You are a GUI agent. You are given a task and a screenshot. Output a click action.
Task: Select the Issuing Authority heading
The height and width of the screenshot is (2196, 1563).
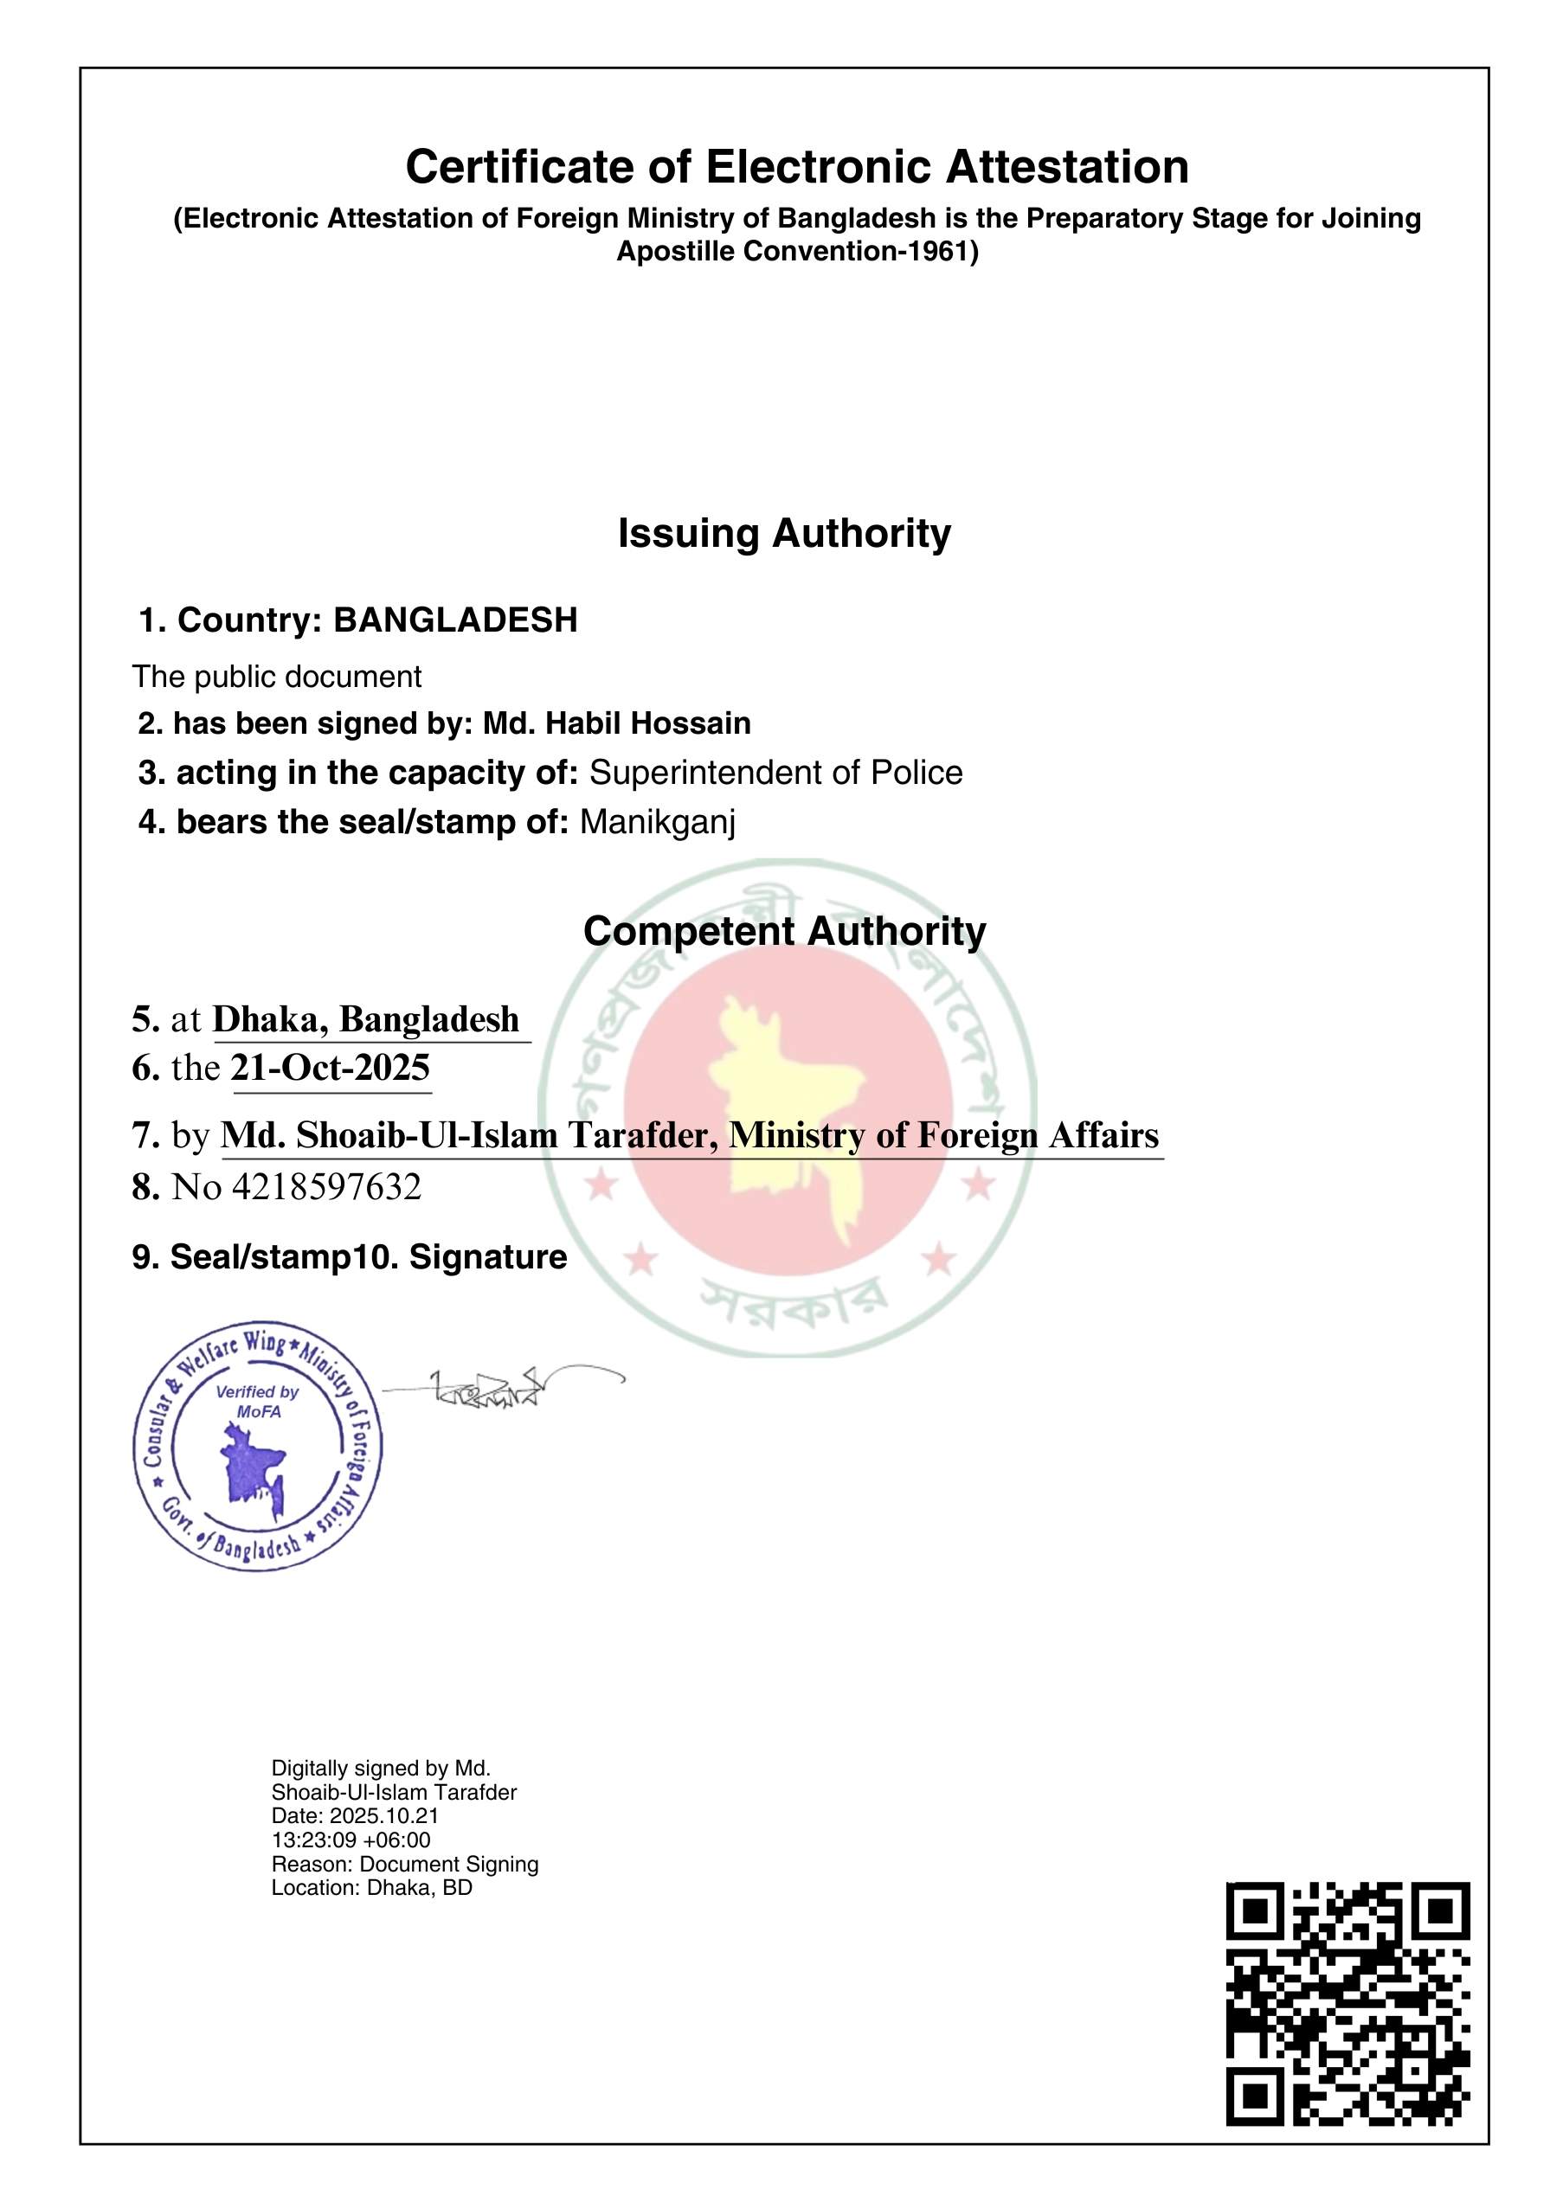click(x=783, y=533)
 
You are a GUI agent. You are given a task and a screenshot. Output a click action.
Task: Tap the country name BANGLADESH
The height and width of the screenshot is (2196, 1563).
click(x=455, y=620)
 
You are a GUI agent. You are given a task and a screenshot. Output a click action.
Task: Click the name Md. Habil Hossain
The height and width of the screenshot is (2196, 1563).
click(x=616, y=722)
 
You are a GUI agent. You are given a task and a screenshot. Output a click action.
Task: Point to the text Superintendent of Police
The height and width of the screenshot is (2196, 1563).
click(x=775, y=773)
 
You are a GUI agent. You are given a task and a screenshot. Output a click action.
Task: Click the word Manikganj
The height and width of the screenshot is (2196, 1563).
click(x=658, y=822)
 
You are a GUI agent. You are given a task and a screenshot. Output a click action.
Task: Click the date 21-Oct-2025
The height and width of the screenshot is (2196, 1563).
click(x=330, y=1067)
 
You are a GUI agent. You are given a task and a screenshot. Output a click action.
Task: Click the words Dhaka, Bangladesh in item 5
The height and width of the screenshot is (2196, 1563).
click(x=366, y=1019)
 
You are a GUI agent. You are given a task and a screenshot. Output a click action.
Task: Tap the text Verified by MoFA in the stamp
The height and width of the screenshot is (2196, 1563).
click(x=258, y=1401)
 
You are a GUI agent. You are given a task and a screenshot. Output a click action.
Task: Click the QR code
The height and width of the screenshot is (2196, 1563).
click(x=1347, y=2004)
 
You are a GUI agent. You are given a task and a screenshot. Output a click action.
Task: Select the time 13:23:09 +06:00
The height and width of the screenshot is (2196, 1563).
click(x=351, y=1840)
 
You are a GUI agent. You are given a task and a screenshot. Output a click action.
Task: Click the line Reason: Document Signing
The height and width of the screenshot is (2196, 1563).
click(x=404, y=1864)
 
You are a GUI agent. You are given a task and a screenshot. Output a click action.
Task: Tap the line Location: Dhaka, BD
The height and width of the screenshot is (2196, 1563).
click(x=371, y=1887)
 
